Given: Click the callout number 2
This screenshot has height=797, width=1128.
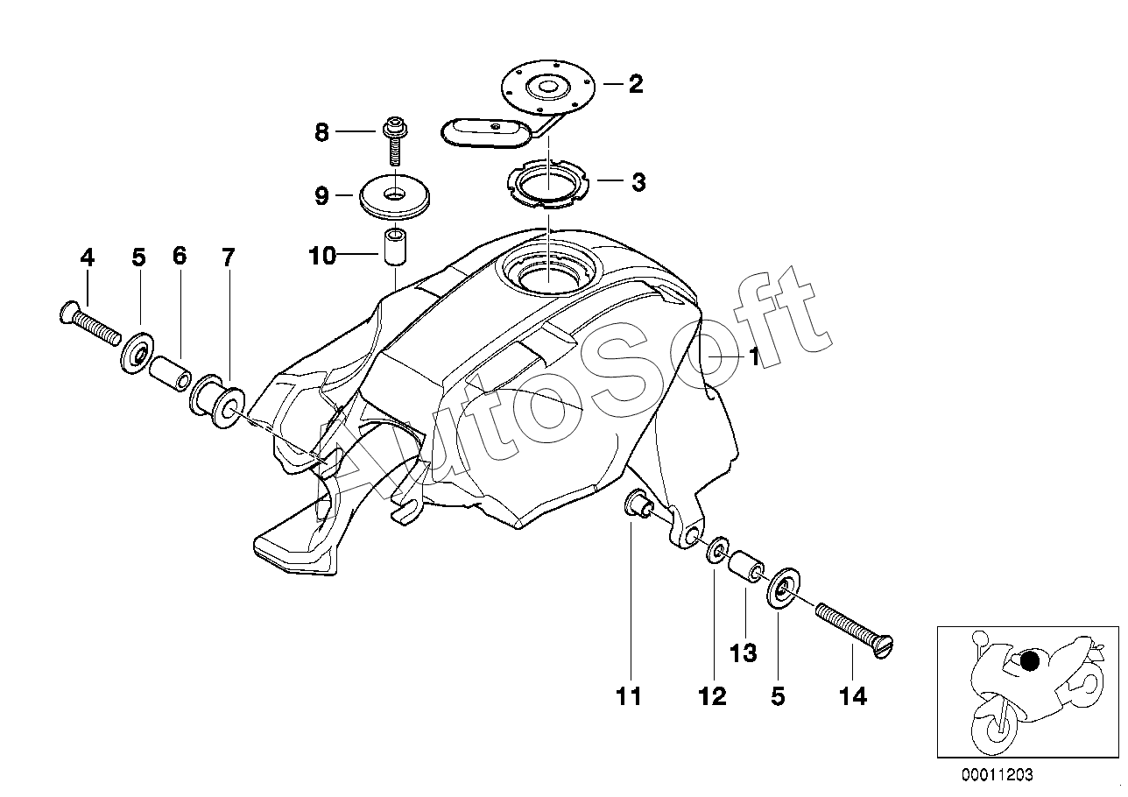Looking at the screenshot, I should pos(636,84).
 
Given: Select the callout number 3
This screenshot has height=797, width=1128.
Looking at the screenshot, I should pos(638,183).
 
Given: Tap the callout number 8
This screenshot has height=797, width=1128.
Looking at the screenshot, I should pos(321,133).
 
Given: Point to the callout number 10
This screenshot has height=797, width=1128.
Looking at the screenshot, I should pos(321,257).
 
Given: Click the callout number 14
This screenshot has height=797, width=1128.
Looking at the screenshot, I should pos(852,696).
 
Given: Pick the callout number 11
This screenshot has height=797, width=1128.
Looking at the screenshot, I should pos(628,696).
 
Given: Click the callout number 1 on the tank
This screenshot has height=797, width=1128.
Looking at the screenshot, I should pos(754,357).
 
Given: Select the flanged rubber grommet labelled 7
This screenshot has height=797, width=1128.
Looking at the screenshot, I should pos(217,402).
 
